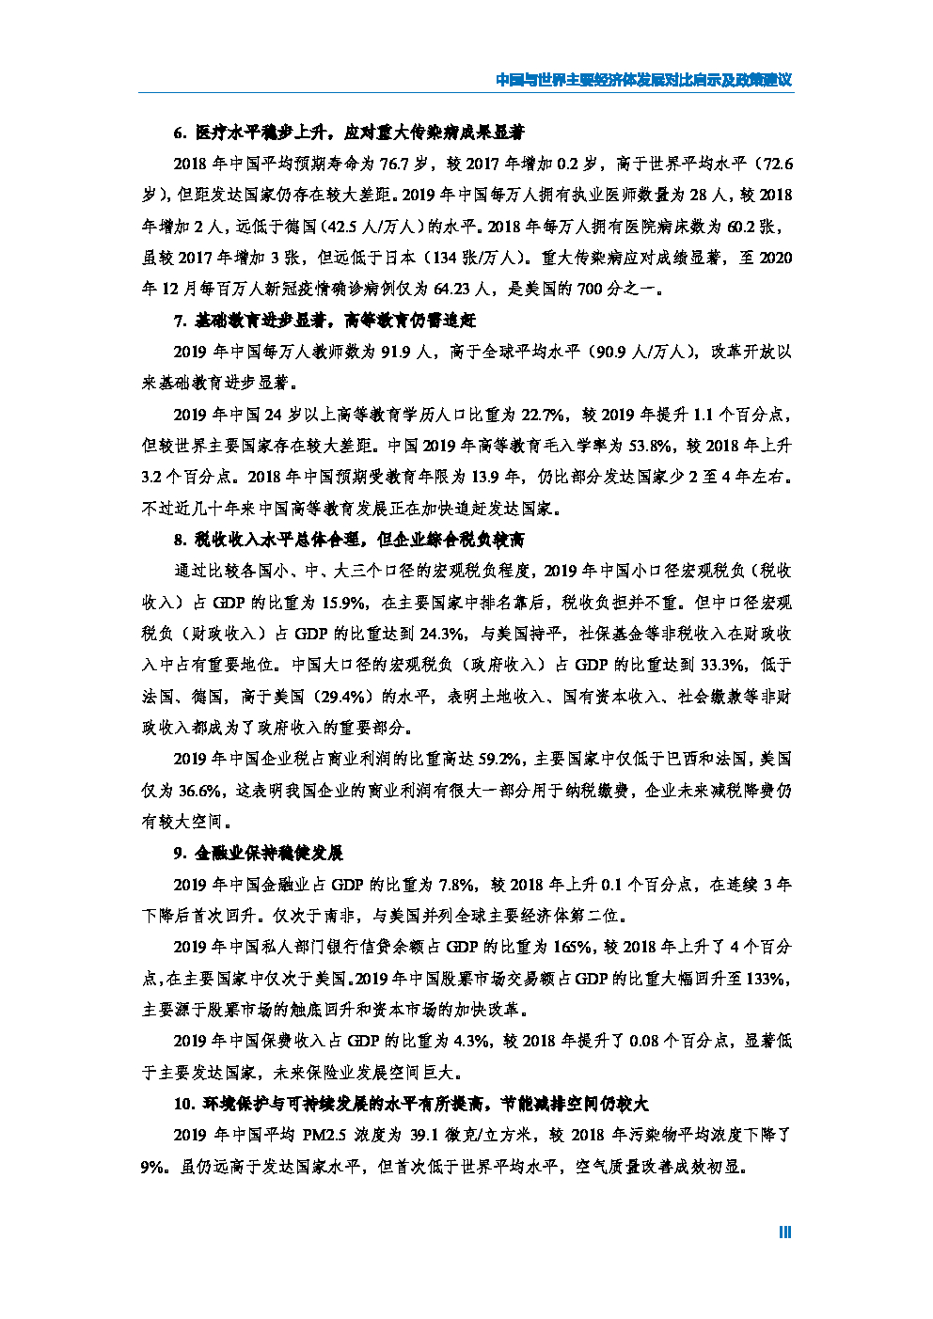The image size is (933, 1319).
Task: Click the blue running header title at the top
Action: (643, 80)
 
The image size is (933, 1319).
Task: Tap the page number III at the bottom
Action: (784, 1233)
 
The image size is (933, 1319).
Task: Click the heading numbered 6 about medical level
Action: (349, 133)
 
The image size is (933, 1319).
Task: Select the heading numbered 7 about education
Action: (324, 321)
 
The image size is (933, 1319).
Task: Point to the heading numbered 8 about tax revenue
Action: (349, 540)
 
